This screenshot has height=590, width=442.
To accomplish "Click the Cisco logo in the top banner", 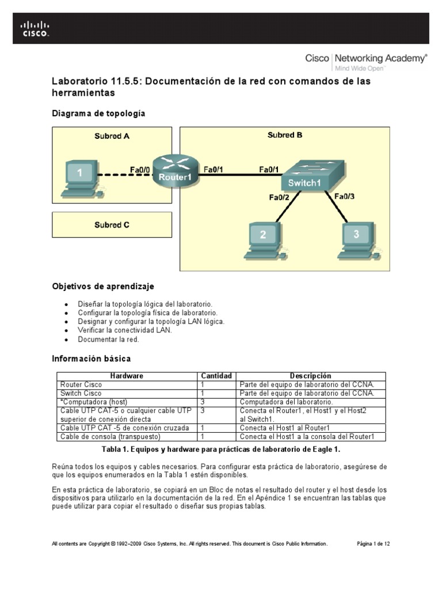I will [35, 29].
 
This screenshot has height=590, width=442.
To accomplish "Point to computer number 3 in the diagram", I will [355, 237].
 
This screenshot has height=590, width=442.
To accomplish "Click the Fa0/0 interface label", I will [140, 169].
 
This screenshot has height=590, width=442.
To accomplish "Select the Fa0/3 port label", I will [345, 196].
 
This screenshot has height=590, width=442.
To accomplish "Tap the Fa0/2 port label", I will [280, 198].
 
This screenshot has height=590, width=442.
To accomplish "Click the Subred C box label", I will [112, 225].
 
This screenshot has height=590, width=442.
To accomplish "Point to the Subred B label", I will [285, 135].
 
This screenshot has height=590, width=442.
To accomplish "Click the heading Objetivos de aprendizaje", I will [103, 286].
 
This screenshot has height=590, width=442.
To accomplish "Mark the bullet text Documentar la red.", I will [109, 340].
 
